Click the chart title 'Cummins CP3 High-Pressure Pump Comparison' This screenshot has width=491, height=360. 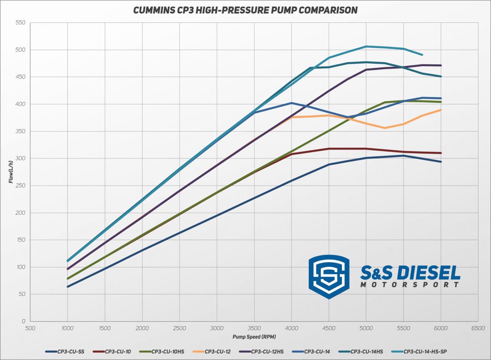(x=245, y=10)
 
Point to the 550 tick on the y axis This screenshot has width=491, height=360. (x=20, y=22)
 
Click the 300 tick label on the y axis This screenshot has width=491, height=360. (x=20, y=158)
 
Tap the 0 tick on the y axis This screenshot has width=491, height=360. (x=23, y=321)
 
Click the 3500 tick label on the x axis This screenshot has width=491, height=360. (x=254, y=328)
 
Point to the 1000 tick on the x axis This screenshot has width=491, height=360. (x=67, y=328)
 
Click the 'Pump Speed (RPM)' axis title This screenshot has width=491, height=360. (x=254, y=337)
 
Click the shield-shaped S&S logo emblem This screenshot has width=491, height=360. (x=329, y=276)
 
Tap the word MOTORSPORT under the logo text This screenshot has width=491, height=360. (x=410, y=285)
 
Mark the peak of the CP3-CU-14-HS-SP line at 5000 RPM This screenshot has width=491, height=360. (x=366, y=46)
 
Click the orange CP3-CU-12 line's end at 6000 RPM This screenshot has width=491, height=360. (x=441, y=110)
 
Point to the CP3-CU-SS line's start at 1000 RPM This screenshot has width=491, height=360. (x=67, y=287)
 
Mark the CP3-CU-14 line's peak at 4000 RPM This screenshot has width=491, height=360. (x=291, y=103)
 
